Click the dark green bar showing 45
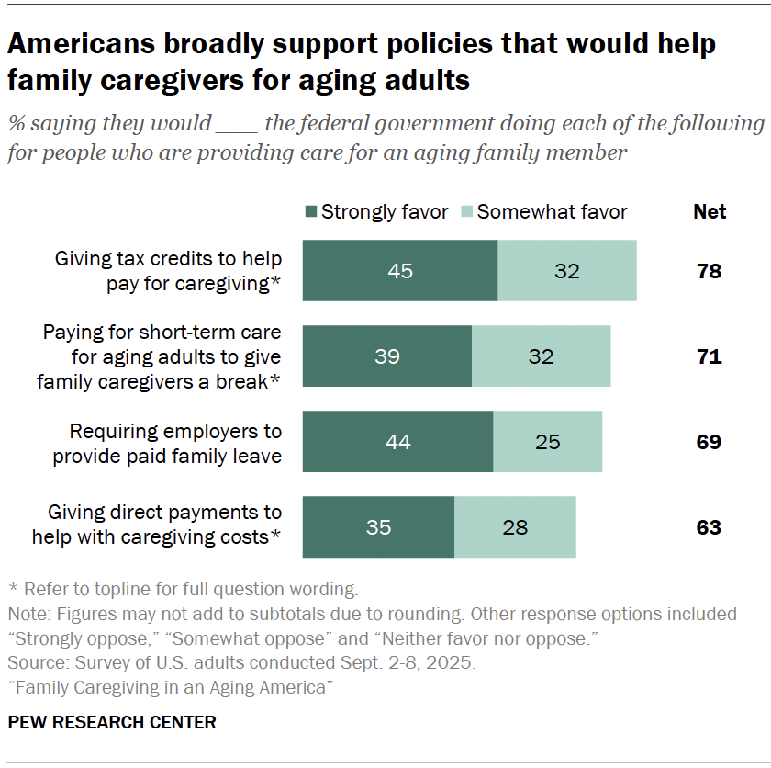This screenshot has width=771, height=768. coord(400,271)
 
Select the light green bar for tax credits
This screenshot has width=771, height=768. coord(567,271)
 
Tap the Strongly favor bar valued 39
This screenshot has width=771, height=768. coord(387,356)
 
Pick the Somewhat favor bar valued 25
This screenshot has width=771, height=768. coord(547,442)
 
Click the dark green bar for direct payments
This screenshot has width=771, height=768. coord(378,527)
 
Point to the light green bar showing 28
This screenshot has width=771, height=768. coord(515,527)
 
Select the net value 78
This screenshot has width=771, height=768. coord(709,271)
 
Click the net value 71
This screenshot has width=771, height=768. coord(709,356)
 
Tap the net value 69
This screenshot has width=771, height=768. coord(709,442)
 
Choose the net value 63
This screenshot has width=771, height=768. coord(709,527)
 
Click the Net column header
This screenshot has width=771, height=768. coord(709,212)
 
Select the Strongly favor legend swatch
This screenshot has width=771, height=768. coord(310,212)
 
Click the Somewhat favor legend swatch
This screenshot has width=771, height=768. coord(465,212)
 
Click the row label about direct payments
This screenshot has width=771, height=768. coord(156,525)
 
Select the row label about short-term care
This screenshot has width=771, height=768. coord(160,356)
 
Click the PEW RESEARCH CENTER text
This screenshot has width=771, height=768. coord(112,722)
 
